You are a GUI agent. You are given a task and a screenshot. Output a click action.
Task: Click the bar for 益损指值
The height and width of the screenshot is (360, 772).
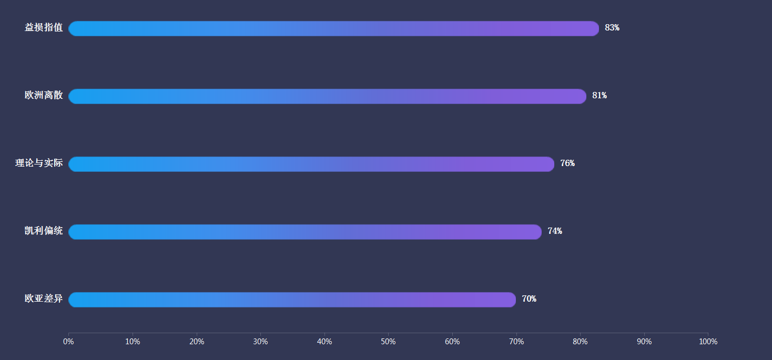coord(333,28)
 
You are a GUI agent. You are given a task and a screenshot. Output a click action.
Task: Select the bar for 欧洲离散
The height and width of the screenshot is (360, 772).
coord(327,96)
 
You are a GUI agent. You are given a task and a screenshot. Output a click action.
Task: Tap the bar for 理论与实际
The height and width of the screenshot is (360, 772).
coord(311,164)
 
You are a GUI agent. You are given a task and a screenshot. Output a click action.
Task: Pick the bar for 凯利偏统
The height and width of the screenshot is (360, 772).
coord(305,232)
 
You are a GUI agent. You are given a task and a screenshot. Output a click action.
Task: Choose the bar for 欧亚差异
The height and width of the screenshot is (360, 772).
coord(292,300)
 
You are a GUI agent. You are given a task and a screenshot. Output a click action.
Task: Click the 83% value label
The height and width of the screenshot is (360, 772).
coord(612,28)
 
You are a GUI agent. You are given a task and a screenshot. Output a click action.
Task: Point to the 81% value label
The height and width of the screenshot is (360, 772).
coord(600,96)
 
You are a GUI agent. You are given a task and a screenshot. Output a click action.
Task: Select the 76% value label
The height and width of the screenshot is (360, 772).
coord(567,163)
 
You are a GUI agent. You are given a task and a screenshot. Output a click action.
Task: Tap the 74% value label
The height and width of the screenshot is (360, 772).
coord(555,231)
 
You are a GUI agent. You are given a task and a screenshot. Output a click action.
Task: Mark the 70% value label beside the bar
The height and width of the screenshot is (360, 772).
coord(529,299)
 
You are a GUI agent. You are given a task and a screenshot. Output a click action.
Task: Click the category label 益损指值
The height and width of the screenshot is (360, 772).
coord(44,28)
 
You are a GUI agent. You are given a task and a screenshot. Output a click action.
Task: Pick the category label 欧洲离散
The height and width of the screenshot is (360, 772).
coord(44,96)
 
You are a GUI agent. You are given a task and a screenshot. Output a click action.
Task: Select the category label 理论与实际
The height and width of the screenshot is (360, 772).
coord(39,163)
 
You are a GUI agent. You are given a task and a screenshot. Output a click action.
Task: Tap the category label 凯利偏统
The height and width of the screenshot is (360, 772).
coord(44,231)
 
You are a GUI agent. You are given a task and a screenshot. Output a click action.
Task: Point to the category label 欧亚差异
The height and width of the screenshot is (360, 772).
coord(44,299)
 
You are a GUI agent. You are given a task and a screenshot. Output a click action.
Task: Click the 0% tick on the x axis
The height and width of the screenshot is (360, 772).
coord(68,342)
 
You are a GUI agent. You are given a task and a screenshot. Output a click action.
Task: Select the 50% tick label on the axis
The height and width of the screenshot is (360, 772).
coord(388,342)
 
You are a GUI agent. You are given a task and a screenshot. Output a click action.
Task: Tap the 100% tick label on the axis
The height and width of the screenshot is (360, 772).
coord(708,342)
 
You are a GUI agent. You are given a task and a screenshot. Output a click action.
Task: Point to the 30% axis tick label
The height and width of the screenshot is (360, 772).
coord(260,342)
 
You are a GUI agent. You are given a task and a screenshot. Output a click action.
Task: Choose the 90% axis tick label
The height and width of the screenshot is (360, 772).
coord(644,342)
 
